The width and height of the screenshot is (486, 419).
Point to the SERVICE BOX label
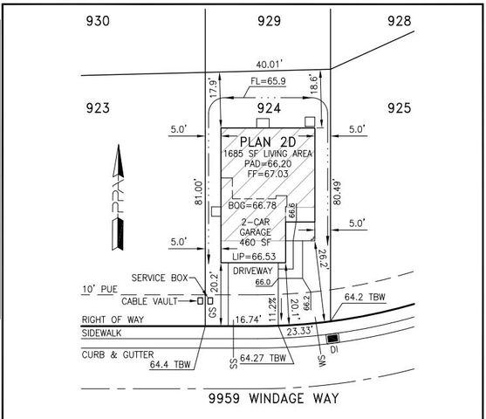click(161, 278)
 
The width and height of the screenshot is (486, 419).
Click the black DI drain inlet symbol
click(332, 338)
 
